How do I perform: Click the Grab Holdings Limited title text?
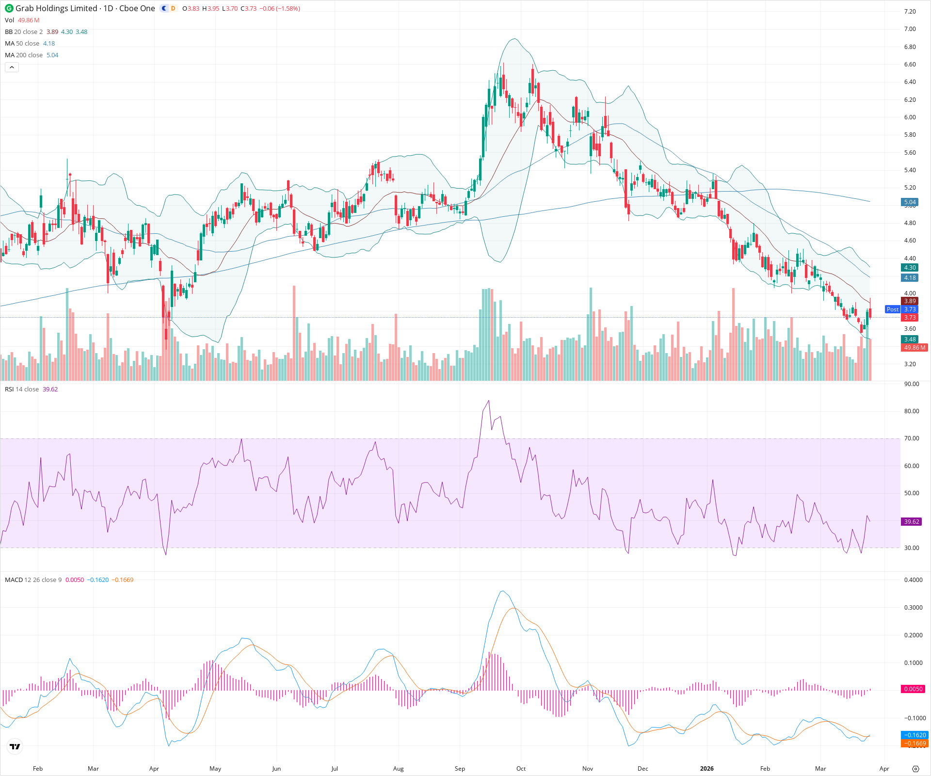pos(56,8)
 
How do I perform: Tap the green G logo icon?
pos(9,8)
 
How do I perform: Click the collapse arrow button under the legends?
pos(12,67)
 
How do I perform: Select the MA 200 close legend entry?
pos(24,55)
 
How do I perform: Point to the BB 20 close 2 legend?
pos(24,32)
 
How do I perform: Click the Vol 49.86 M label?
pos(22,20)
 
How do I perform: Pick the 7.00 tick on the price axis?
pos(910,29)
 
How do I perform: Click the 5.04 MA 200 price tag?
pos(910,202)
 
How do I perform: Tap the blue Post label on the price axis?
pos(892,309)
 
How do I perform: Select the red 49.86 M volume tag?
pos(915,348)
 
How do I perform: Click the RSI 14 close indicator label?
pos(22,389)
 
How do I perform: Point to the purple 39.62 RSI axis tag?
pos(911,522)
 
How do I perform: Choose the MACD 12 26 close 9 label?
pos(33,580)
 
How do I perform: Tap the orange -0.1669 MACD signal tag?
pos(915,744)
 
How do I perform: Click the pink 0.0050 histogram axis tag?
pos(914,689)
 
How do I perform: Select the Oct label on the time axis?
pos(521,769)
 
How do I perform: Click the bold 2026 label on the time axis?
pos(707,769)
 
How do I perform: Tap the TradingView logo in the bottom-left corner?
pos(15,746)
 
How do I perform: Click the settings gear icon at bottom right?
pos(915,769)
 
